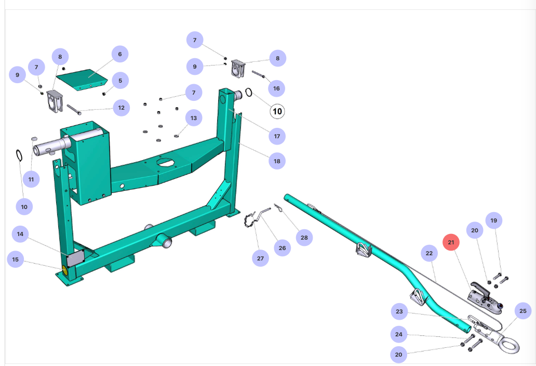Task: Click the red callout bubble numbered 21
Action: (451, 242)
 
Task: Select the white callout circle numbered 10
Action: (277, 111)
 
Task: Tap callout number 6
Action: (119, 54)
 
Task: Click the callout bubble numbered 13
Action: (194, 119)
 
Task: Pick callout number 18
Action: (277, 161)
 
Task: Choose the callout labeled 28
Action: (304, 238)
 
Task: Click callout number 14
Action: (20, 234)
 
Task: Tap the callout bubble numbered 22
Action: (429, 254)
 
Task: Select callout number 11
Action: (31, 179)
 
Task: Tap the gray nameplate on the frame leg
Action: (76, 257)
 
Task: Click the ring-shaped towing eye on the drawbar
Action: (508, 343)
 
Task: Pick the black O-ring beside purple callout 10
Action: (19, 155)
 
